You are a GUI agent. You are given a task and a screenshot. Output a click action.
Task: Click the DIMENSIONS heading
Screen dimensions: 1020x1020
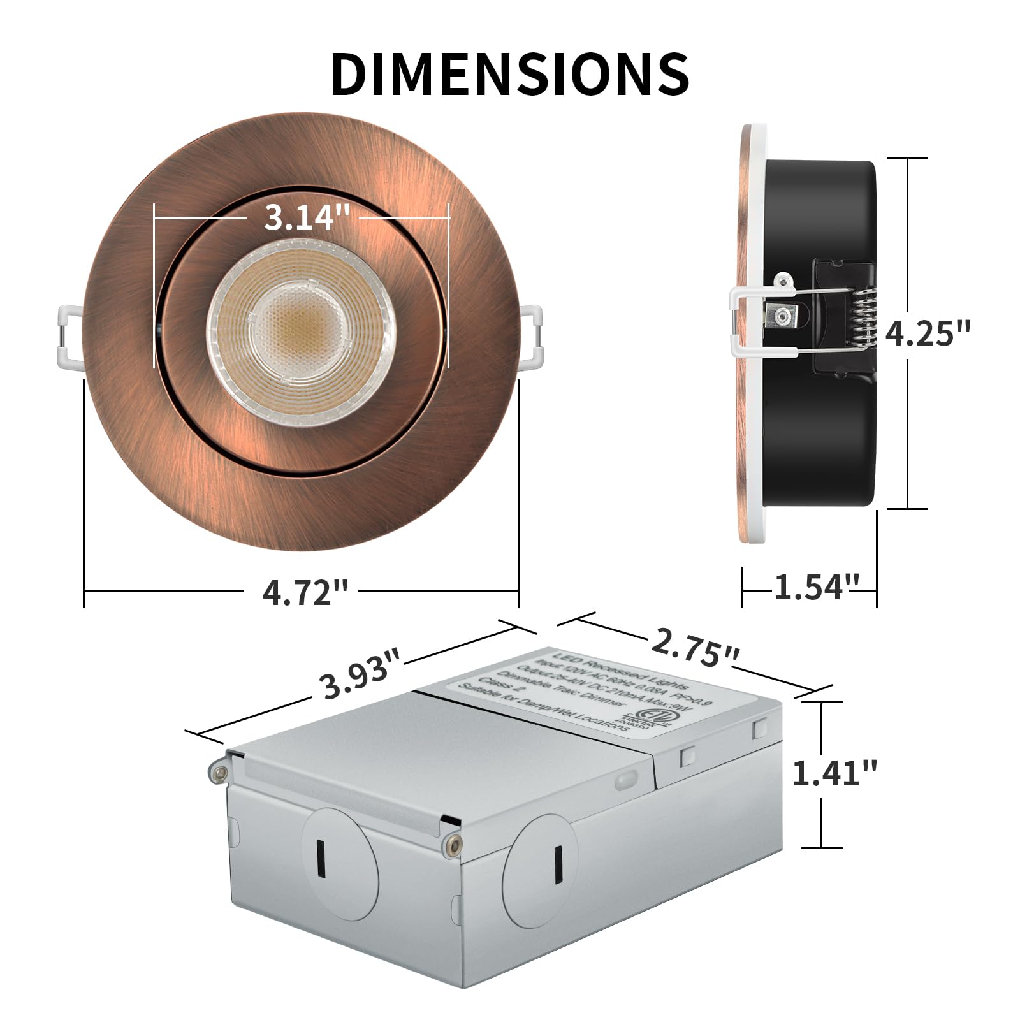click(x=510, y=74)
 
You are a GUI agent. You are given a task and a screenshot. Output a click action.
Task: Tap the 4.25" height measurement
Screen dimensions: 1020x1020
click(x=928, y=333)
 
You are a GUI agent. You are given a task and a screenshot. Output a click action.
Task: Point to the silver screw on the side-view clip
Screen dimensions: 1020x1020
click(x=782, y=315)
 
